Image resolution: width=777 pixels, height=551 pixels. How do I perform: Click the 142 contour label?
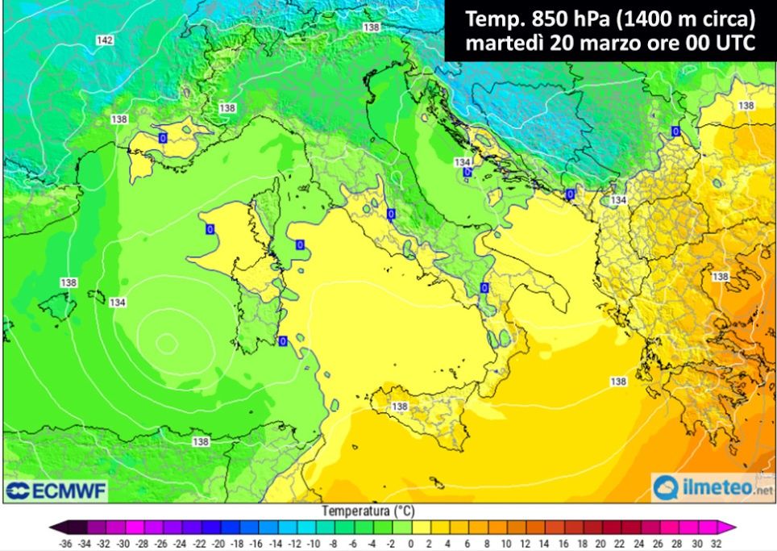(104, 40)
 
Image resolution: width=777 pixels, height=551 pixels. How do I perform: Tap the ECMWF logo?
(56, 490)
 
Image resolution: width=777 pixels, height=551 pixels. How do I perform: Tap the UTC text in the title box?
(725, 44)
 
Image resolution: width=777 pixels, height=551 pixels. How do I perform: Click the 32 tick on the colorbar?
(717, 544)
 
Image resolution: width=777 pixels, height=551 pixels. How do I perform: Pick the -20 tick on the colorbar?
(218, 544)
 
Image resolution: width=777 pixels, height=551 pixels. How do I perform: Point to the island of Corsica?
(267, 214)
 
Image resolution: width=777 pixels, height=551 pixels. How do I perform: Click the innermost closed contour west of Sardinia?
(167, 343)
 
